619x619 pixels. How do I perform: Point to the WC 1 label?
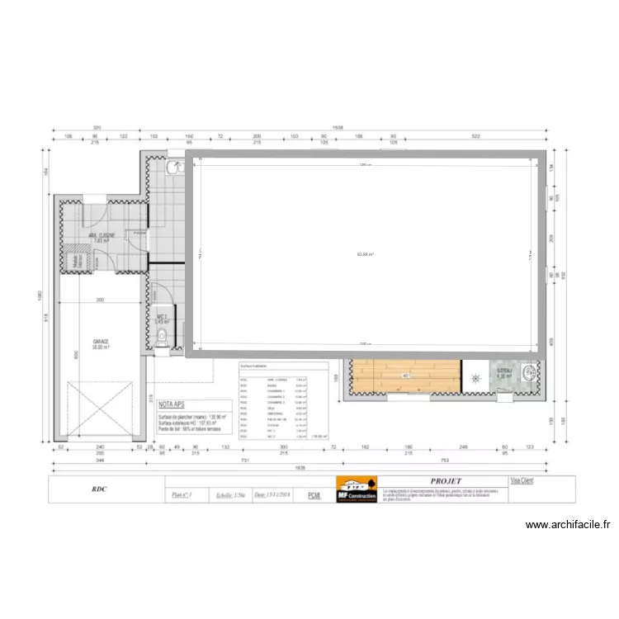[x=162, y=318]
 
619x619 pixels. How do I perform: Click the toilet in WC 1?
[x=163, y=336]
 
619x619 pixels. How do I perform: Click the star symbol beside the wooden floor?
[x=475, y=379]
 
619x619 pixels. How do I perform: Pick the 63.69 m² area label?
[x=364, y=255]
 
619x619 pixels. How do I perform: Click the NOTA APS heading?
[x=172, y=405]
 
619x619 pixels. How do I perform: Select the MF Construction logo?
[x=357, y=489]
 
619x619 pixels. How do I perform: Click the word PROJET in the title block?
[x=446, y=480]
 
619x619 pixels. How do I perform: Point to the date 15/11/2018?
[x=273, y=495]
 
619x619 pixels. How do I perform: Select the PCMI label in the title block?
[x=314, y=495]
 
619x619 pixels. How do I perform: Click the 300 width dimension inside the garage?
[x=99, y=300]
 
